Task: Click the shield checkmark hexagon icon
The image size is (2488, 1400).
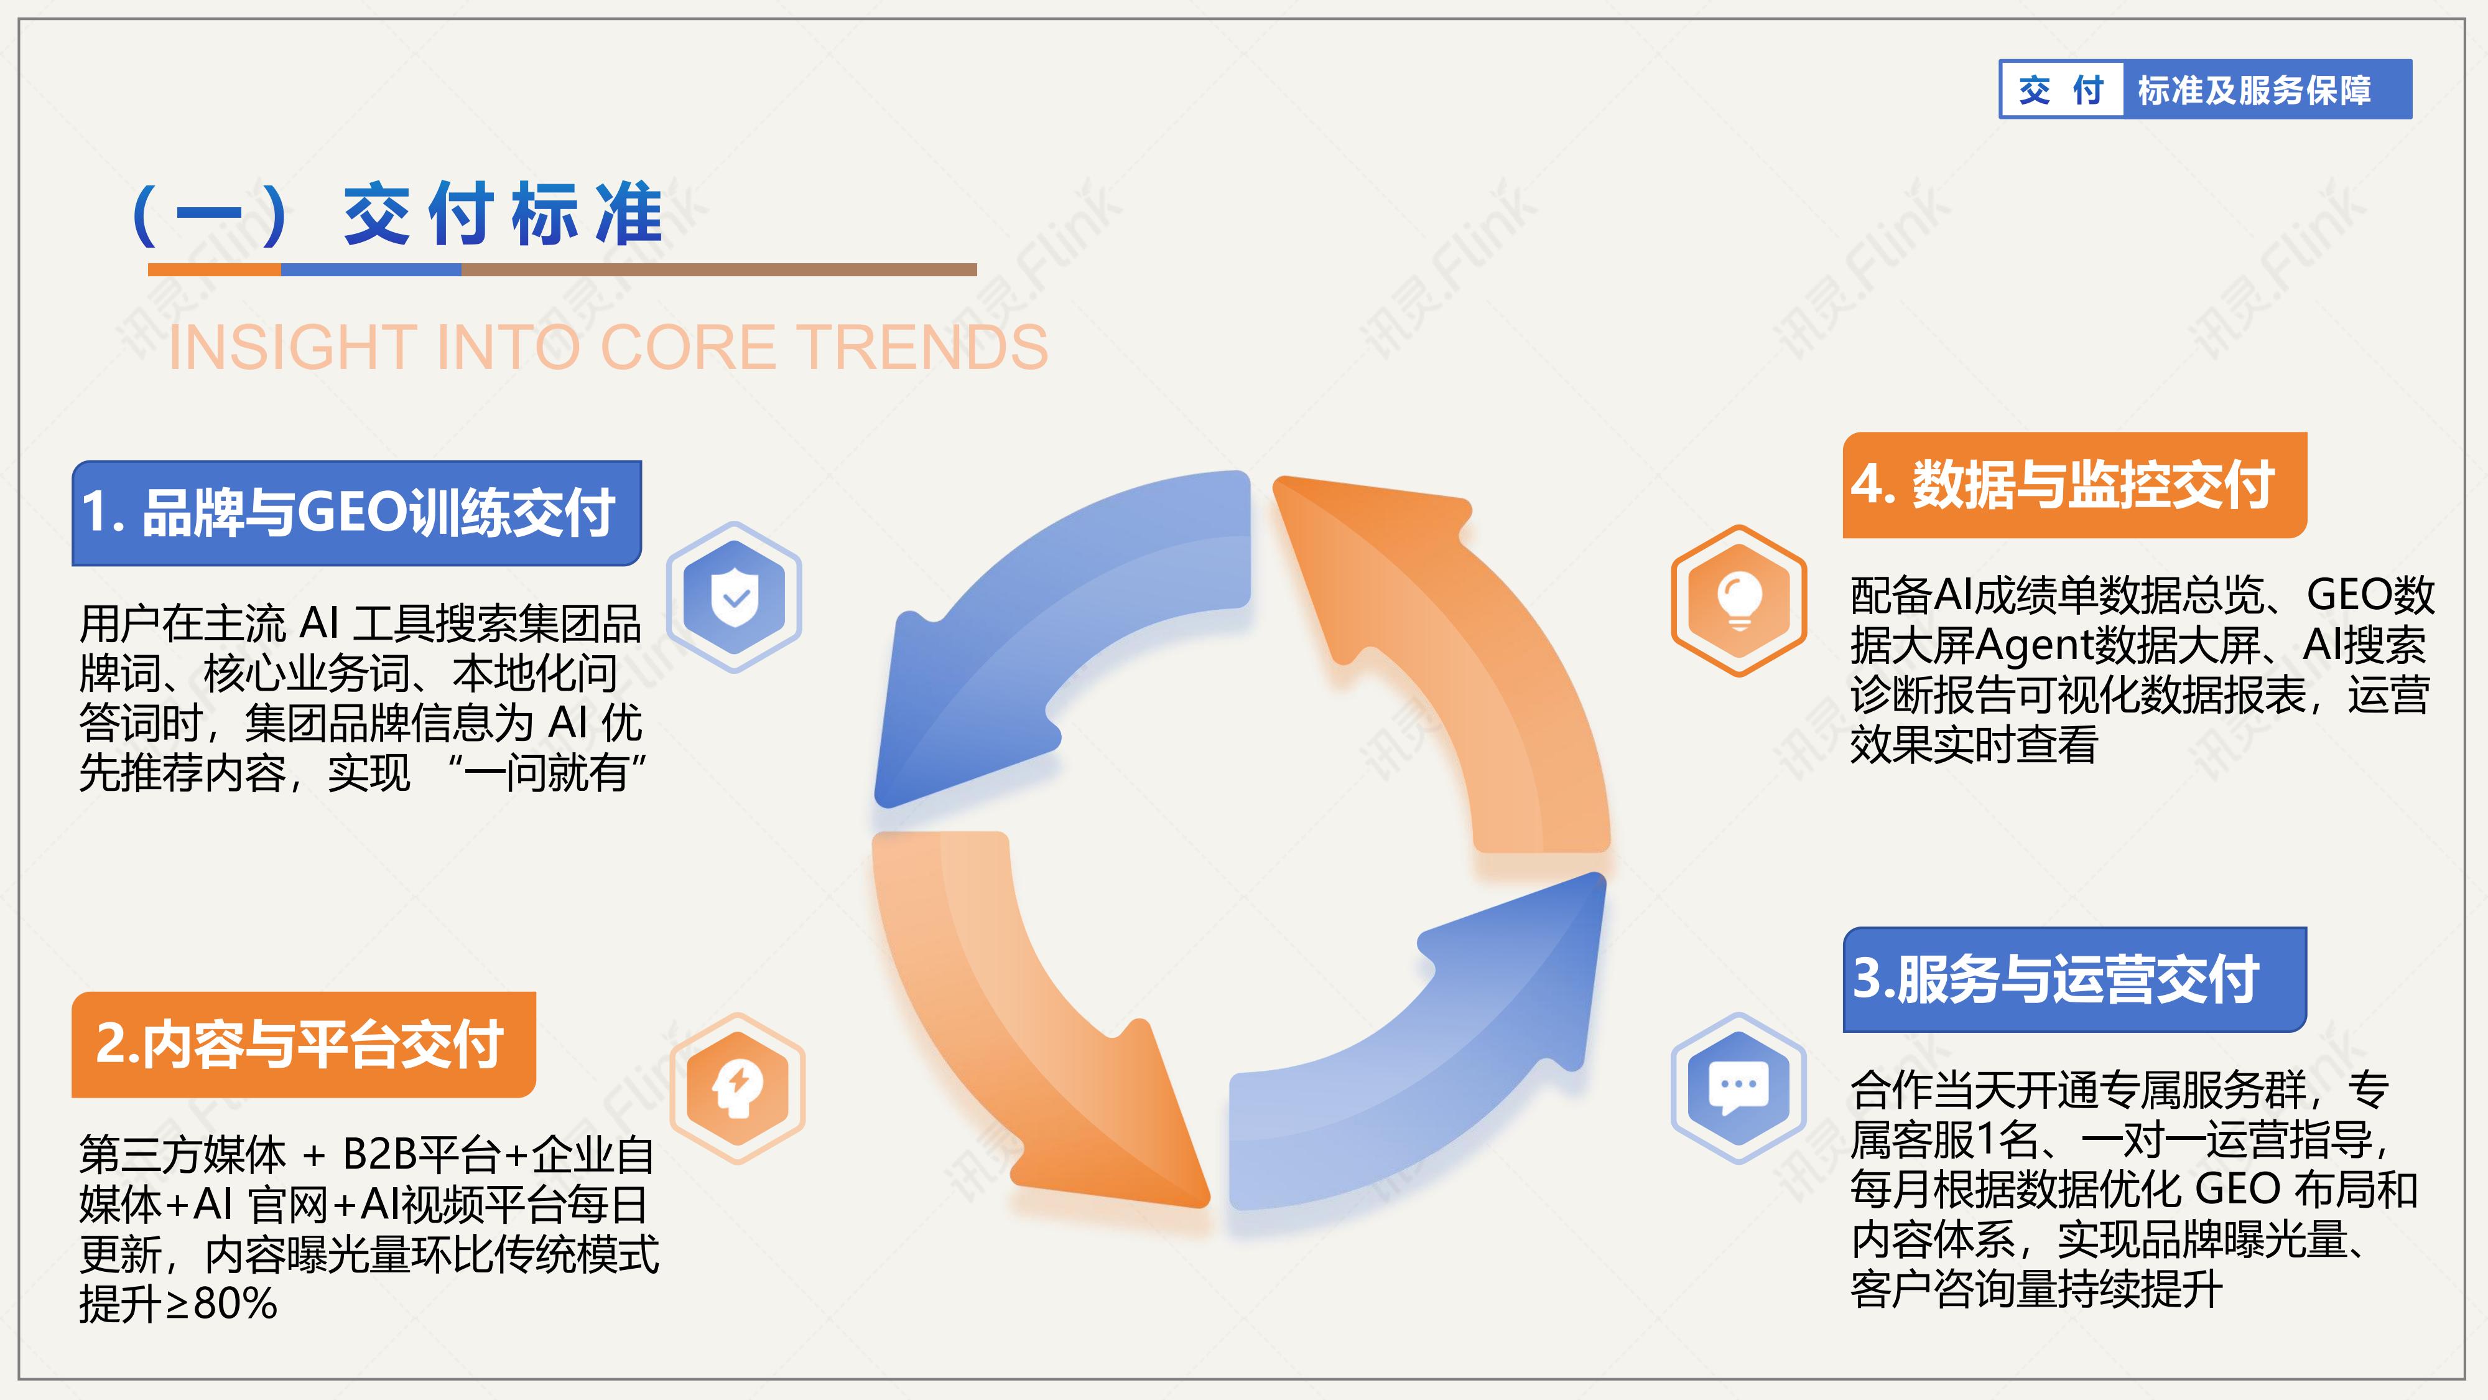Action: [735, 597]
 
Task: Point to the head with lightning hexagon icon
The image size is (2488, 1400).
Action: [738, 1088]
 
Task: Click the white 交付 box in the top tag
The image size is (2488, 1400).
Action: [2061, 90]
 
